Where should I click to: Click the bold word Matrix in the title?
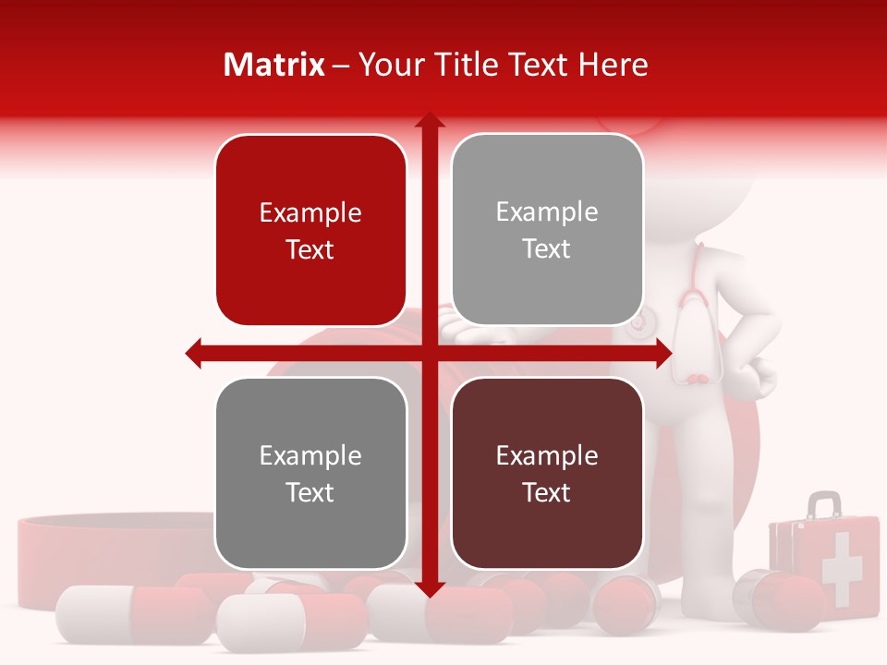(274, 65)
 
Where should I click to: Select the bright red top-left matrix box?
(310, 230)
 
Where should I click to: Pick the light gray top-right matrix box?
(547, 229)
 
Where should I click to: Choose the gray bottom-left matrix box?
(310, 473)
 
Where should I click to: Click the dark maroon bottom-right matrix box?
(547, 473)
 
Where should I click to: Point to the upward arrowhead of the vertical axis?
(429, 120)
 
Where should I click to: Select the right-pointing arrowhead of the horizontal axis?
(663, 353)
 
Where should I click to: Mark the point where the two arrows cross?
(429, 353)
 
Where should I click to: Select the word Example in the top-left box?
(310, 212)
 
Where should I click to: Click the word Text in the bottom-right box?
(547, 492)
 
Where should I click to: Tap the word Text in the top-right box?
(547, 248)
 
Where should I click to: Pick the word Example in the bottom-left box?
(310, 455)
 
